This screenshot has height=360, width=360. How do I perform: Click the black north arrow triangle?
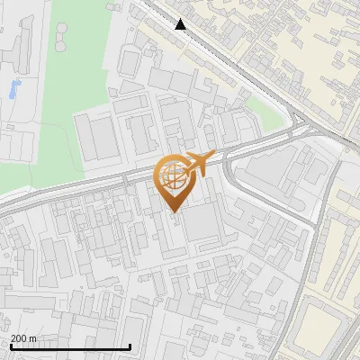pos(181,24)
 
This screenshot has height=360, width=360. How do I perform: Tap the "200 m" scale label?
pos(23,338)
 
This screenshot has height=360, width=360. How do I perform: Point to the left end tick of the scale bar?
pos(10,346)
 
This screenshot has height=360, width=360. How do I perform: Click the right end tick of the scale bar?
pos(130,346)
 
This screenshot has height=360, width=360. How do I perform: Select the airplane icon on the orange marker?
pos(200,163)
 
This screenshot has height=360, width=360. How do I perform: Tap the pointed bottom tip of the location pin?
pos(174,213)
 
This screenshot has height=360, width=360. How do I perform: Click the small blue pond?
pos(13,88)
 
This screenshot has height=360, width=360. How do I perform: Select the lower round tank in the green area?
pos(59,42)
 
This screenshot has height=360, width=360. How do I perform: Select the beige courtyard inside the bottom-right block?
pos(324,324)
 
